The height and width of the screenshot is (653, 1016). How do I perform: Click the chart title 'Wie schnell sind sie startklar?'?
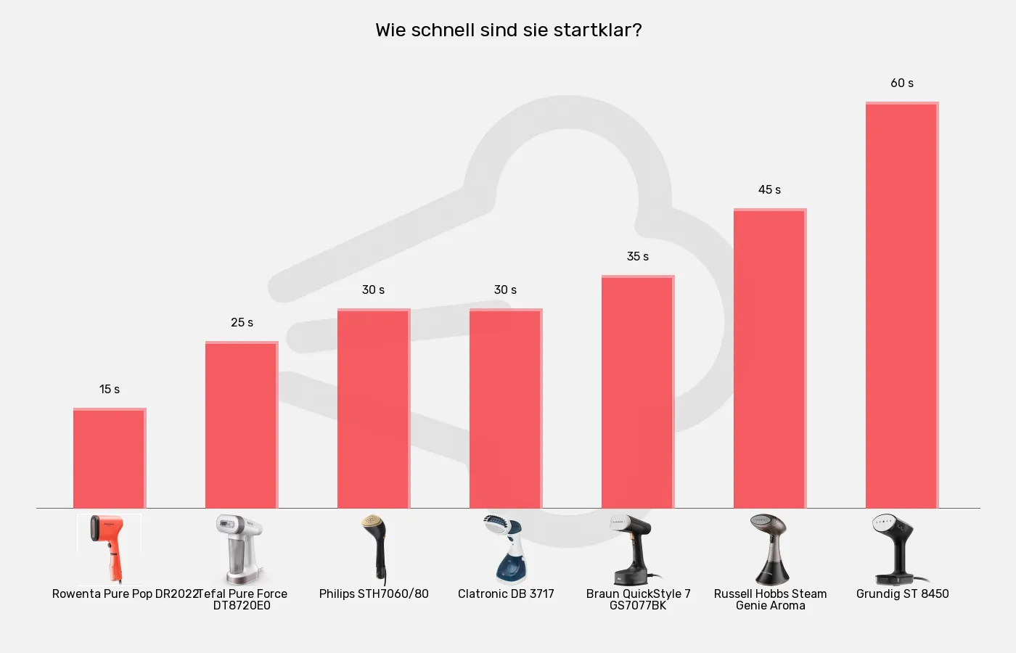(x=508, y=30)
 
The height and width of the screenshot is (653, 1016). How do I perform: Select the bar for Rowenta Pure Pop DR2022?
(x=110, y=459)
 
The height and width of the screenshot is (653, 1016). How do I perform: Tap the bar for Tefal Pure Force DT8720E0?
(x=242, y=425)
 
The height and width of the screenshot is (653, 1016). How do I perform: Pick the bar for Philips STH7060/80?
(x=374, y=408)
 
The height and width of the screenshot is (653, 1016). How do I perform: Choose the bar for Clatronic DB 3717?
(x=506, y=408)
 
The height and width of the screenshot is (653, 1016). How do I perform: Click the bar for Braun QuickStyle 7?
(x=638, y=392)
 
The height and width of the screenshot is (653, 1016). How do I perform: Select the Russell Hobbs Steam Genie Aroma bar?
(x=770, y=358)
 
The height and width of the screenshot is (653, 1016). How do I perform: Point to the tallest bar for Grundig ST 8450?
(x=902, y=305)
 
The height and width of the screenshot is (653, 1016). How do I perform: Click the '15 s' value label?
(x=110, y=390)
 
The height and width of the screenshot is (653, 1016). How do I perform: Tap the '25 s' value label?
(x=242, y=323)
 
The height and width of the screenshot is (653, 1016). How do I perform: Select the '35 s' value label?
(x=638, y=257)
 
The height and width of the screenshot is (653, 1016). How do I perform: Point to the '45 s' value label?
(x=769, y=190)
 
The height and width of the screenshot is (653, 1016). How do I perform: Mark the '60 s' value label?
(x=902, y=83)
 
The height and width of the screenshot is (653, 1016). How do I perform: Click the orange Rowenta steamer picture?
(x=110, y=549)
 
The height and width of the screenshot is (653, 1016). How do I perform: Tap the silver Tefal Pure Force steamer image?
(x=241, y=549)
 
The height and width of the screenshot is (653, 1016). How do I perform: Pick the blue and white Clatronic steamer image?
(x=506, y=549)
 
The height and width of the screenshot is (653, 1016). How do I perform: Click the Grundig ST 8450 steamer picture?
(x=900, y=549)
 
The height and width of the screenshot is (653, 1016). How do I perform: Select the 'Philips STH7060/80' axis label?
(x=374, y=594)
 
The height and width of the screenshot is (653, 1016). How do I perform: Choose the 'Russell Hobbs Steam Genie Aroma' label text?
(x=770, y=600)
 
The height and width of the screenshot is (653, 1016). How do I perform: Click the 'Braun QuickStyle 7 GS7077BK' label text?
(x=638, y=600)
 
